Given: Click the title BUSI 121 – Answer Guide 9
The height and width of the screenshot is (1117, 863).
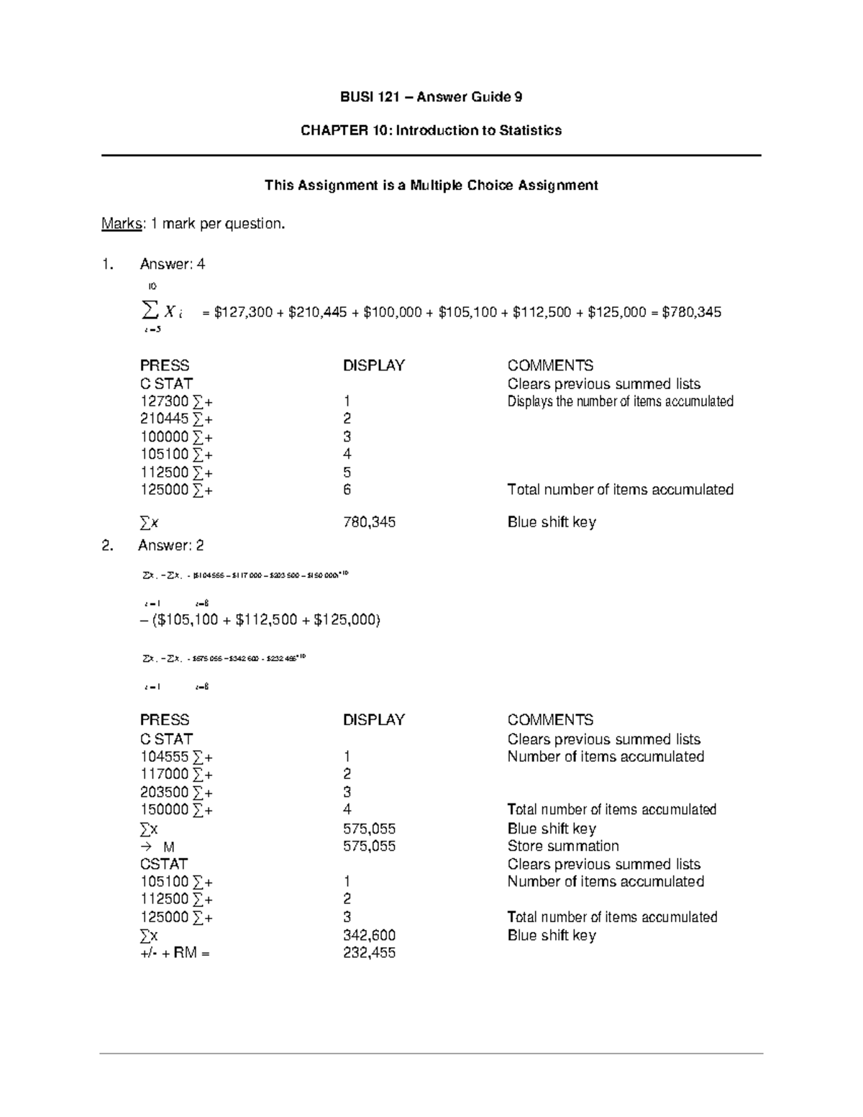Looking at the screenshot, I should pos(431,97).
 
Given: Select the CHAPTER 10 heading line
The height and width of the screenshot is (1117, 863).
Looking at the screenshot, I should pos(431,130).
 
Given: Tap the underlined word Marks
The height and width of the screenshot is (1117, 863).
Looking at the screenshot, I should pos(121,224).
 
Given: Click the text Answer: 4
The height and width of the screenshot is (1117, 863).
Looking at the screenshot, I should pos(172,264).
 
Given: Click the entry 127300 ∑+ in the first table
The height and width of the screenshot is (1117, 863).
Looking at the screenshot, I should pos(175,401).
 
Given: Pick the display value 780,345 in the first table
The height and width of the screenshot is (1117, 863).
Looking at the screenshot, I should pos(369,522).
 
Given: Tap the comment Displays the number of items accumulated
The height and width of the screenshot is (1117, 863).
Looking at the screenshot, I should pos(620,401).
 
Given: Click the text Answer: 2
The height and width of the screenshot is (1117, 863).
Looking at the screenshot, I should pos(171,545).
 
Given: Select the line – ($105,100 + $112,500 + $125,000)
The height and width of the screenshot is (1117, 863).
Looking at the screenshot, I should pos(260,619).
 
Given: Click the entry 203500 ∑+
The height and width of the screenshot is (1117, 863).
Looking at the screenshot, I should pos(175,792).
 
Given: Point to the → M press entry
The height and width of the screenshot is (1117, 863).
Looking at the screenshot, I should pos(157,847).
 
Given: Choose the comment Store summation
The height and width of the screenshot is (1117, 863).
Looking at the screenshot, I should pos(562,846).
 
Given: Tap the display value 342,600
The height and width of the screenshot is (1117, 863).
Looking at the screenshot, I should pos(369,935).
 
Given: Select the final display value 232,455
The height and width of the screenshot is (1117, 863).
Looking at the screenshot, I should pos(369,953).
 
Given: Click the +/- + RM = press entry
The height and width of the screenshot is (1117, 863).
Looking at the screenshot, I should pos(175,954).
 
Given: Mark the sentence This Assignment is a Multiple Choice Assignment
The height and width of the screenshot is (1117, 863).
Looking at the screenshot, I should pos(431,186).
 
